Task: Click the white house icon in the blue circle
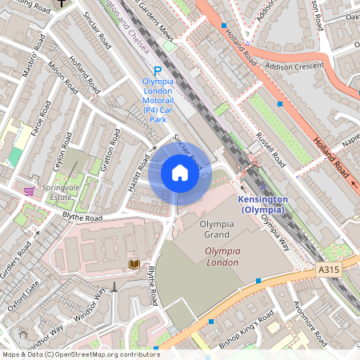pyautogui.click(x=180, y=173)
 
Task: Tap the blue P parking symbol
pyautogui.click(x=158, y=71)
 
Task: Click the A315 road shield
pyautogui.click(x=328, y=271)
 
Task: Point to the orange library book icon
pyautogui.click(x=134, y=264)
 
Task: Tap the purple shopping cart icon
pyautogui.click(x=29, y=191)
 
